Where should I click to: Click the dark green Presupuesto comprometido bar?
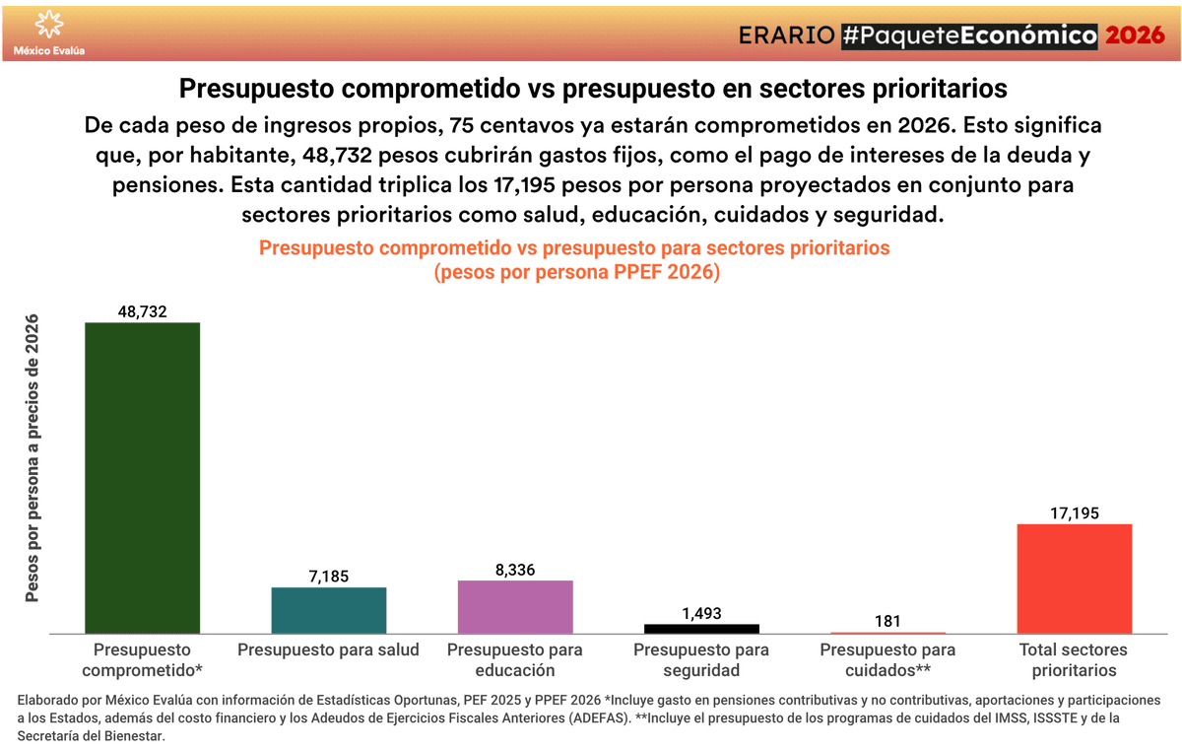point(143,478)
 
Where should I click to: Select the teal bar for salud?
point(329,610)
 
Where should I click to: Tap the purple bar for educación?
point(515,607)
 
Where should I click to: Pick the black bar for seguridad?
point(701,628)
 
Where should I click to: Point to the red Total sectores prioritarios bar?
point(1074,579)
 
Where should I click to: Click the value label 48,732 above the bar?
point(143,311)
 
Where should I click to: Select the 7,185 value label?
point(329,577)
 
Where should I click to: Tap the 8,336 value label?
point(515,570)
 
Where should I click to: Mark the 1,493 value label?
point(701,613)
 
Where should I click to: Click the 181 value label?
point(887,622)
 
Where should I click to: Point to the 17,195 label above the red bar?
point(1074,512)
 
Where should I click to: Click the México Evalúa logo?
point(48,33)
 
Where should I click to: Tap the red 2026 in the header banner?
point(1136,35)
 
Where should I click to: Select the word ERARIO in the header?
point(787,35)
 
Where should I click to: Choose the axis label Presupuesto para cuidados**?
point(887,659)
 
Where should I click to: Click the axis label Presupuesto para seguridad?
point(701,659)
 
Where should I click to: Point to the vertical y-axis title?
point(33,457)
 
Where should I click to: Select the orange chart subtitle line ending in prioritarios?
point(574,248)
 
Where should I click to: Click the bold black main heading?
point(593,89)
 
